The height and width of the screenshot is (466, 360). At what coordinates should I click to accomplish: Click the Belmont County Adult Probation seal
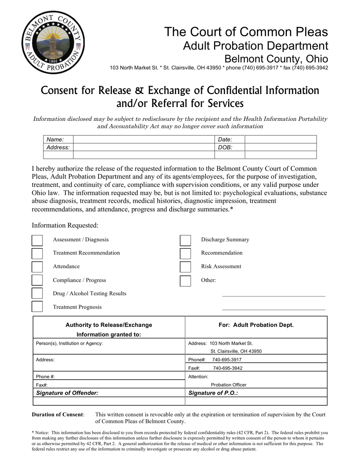[x=53, y=42]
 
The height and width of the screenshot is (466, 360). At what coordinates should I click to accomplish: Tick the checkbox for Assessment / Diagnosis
[x=37, y=240]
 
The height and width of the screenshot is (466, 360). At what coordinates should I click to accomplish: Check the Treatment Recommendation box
[x=37, y=253]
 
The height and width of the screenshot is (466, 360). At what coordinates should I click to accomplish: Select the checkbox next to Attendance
[x=37, y=267]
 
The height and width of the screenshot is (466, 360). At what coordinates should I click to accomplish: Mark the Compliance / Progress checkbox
[x=37, y=280]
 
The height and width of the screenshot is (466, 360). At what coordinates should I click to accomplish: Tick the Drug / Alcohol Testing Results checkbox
[x=37, y=294]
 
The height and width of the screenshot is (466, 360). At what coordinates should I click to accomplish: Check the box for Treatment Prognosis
[x=37, y=307]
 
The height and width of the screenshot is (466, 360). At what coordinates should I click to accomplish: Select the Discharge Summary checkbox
[x=185, y=240]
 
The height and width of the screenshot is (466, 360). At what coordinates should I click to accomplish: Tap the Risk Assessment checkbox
[x=185, y=267]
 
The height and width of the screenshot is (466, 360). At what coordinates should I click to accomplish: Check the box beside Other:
[x=185, y=281]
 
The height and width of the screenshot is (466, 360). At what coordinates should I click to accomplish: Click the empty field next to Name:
[x=144, y=139]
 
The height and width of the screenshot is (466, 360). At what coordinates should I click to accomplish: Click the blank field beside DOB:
[x=280, y=147]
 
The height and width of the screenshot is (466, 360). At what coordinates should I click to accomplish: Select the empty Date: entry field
[x=280, y=139]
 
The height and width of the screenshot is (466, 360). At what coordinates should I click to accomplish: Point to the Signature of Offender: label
[x=67, y=393]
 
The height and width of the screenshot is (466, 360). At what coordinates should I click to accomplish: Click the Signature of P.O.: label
[x=213, y=393]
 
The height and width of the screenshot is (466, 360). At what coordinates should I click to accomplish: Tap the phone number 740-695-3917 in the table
[x=227, y=360]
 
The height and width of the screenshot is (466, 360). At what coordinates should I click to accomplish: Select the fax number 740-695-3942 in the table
[x=228, y=368]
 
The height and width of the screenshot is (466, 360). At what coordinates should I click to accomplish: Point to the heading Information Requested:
[x=65, y=225]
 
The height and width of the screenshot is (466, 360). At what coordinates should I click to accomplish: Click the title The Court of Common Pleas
[x=246, y=32]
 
